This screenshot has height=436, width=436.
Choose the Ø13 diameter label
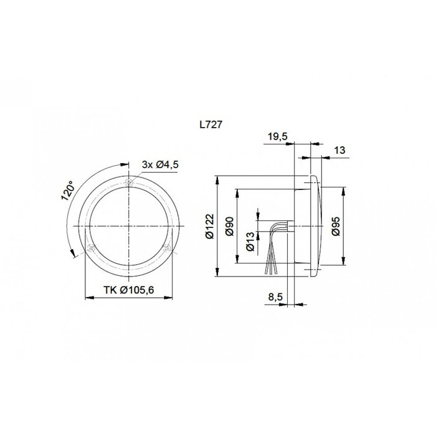point(249,241)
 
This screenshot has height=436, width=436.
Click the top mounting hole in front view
point(128,182)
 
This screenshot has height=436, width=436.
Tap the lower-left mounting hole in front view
point(91,247)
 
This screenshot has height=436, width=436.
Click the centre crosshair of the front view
point(128,225)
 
